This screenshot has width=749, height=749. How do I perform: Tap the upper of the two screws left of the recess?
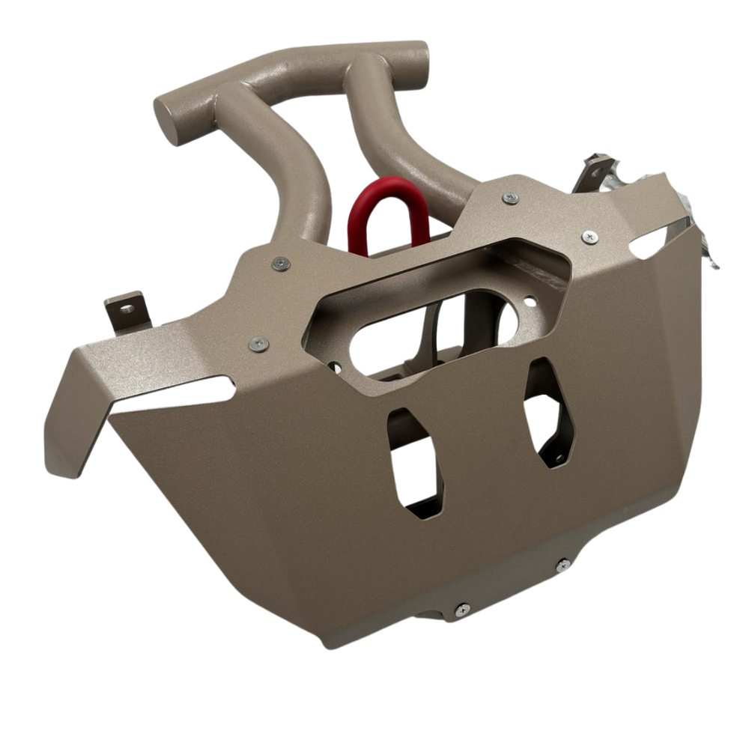coord(281,263)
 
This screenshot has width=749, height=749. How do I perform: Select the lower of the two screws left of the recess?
coord(258,343)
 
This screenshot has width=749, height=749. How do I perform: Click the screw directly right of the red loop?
coord(510,198)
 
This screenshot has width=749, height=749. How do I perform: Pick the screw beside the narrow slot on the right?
coord(590,237)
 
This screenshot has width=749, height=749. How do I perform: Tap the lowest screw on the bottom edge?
coord(462,610)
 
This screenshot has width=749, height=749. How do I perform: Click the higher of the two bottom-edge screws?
coord(563,565)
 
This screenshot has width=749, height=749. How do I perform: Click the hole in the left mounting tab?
coord(127,308)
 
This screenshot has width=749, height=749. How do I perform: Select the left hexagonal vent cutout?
coord(414,463)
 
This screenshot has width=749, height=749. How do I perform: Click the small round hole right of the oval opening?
coord(530,303)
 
